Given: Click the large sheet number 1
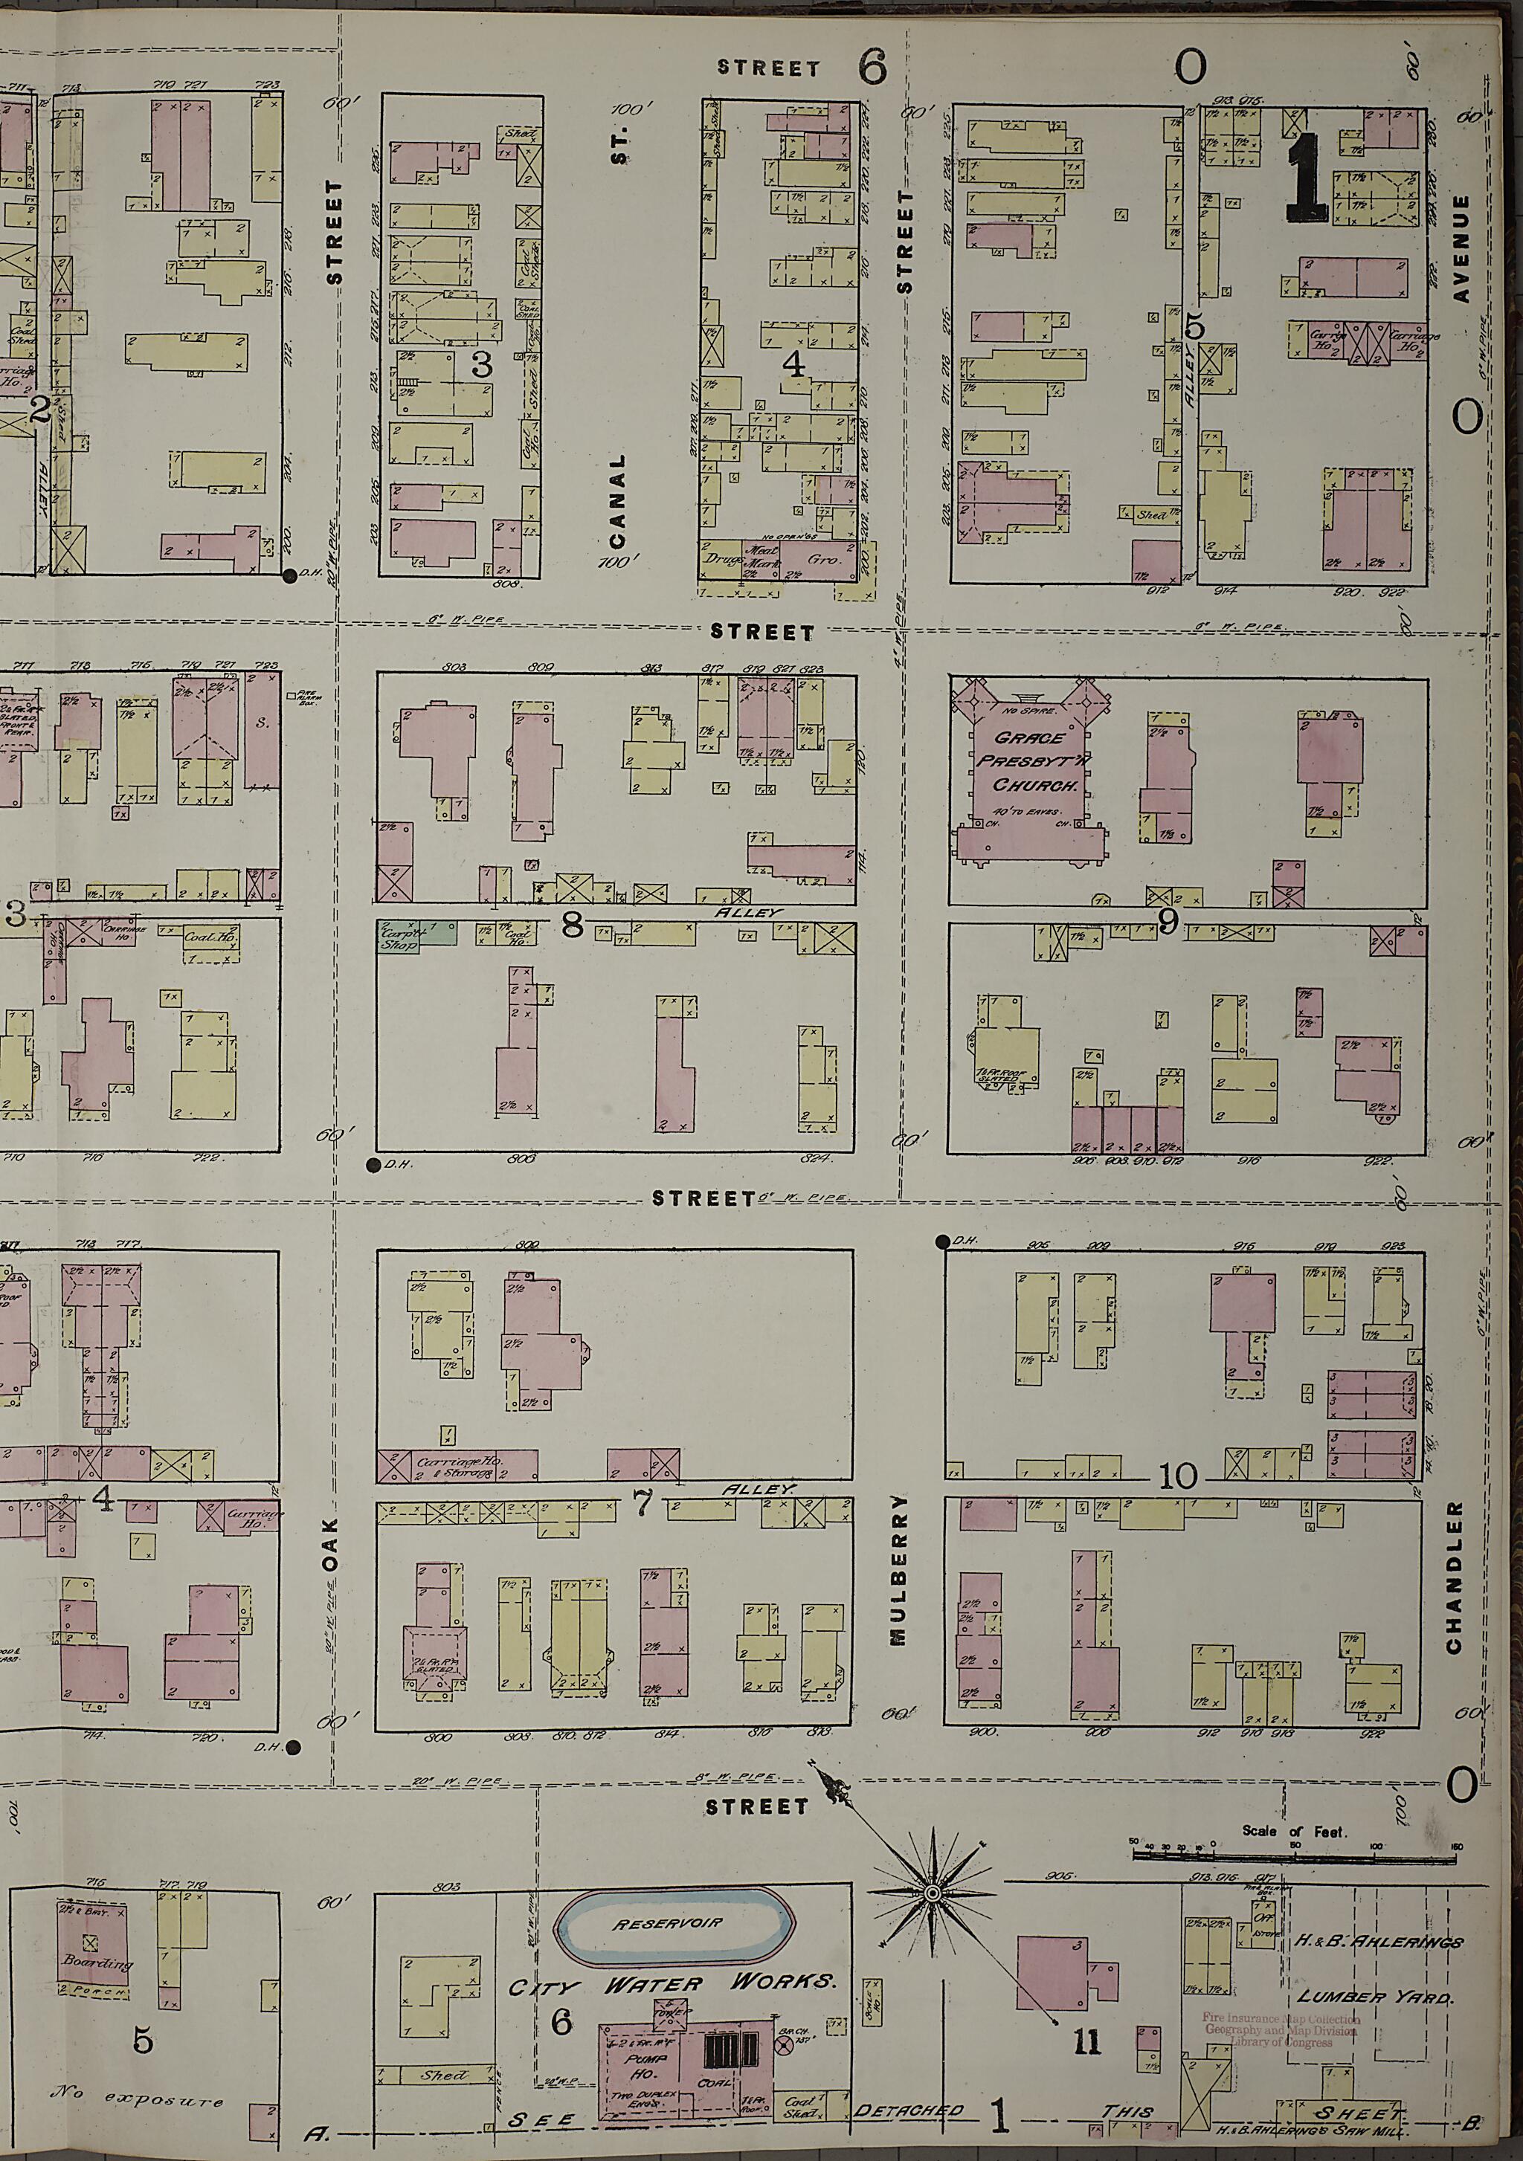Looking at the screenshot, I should pyautogui.click(x=1307, y=178).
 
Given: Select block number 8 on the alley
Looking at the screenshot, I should pyautogui.click(x=571, y=926).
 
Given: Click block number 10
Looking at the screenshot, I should pyautogui.click(x=1177, y=1475).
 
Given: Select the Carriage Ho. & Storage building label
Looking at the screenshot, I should pyautogui.click(x=461, y=1465).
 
